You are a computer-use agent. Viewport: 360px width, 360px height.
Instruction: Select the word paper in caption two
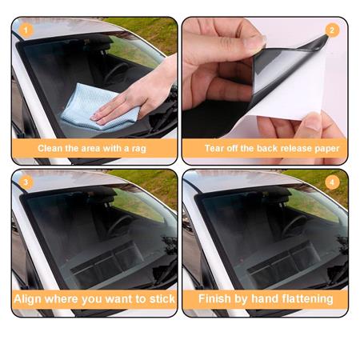tap(324, 148)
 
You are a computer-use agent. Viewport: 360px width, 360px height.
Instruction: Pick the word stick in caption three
tap(156, 300)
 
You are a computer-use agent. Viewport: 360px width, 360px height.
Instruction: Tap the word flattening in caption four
tap(304, 300)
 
